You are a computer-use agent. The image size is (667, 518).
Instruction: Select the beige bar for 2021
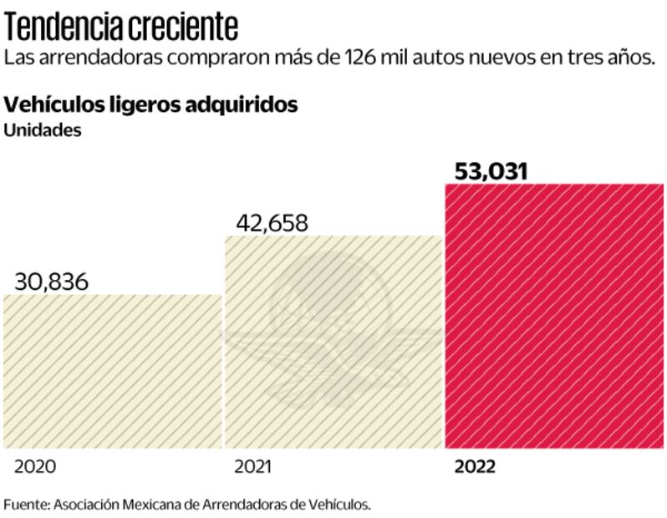tap(333, 343)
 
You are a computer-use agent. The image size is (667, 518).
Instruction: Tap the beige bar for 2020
tap(113, 371)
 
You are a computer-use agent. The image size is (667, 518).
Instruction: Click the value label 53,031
tap(491, 171)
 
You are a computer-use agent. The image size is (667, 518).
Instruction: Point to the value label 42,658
tap(271, 223)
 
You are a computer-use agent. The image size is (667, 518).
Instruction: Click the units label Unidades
tap(43, 130)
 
